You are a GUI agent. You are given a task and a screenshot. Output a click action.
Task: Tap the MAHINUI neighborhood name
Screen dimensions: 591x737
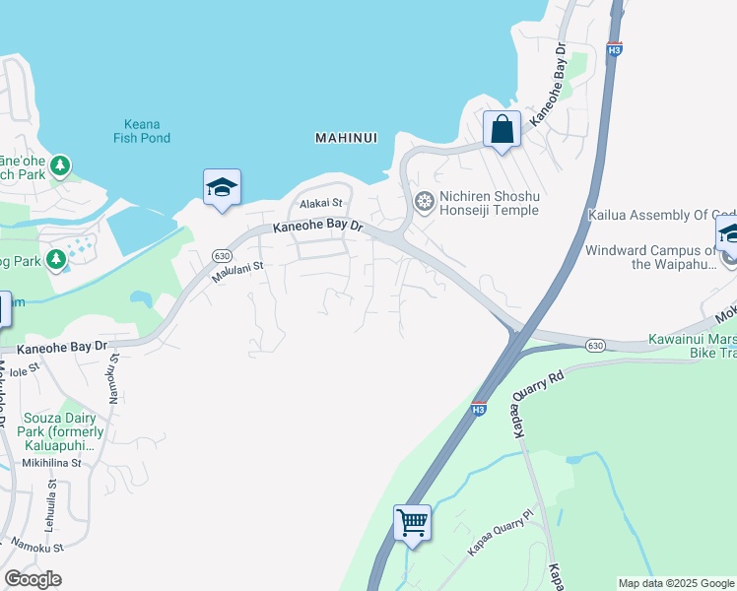tap(346, 138)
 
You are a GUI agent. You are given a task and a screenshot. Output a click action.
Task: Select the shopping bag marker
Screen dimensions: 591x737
tap(502, 130)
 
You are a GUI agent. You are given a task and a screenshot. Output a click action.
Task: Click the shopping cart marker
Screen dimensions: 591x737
tap(413, 522)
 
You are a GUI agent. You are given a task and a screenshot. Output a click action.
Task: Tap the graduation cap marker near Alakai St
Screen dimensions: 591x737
tap(222, 187)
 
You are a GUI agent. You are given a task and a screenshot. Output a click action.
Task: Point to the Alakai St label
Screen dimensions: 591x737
tap(321, 203)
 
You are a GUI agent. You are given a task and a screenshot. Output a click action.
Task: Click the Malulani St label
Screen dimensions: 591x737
tap(237, 272)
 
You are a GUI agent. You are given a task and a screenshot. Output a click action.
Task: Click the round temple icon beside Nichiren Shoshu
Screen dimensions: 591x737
tap(424, 203)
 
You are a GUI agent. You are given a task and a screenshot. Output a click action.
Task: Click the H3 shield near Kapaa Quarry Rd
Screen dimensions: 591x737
tap(478, 409)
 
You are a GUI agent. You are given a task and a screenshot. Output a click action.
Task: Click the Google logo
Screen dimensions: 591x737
tap(33, 579)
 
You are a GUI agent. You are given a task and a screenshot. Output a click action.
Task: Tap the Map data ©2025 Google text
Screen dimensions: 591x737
tap(676, 583)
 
